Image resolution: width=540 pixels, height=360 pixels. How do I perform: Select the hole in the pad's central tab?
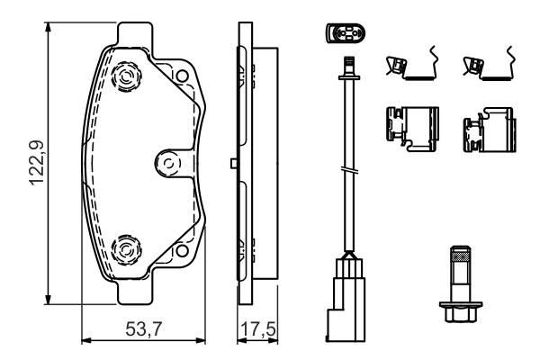[x=166, y=163]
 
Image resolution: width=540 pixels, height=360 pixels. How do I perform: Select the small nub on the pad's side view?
[x=233, y=163]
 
